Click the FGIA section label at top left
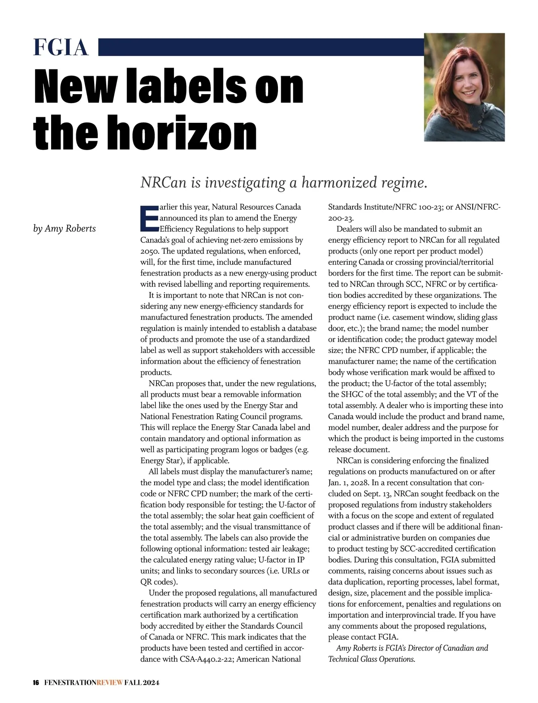(x=61, y=47)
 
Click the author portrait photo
(x=464, y=87)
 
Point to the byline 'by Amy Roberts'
(x=65, y=229)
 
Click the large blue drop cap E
(x=149, y=218)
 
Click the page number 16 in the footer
(x=36, y=683)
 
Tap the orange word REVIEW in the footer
(x=109, y=683)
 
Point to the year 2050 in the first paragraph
(x=149, y=251)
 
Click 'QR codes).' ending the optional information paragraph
(x=160, y=582)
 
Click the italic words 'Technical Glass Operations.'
(x=372, y=659)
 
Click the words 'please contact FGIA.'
(x=363, y=637)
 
